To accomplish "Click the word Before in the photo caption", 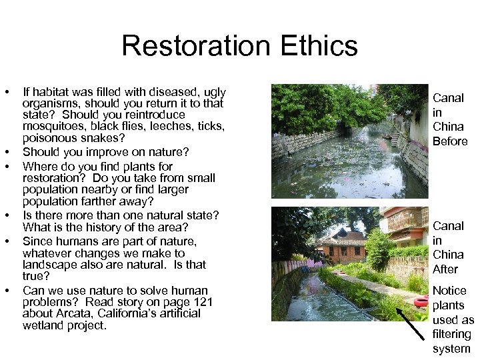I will coord(450,141).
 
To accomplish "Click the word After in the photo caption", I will coord(445,269).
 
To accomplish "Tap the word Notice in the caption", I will coord(449,291).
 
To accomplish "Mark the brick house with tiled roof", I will coord(341,245).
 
